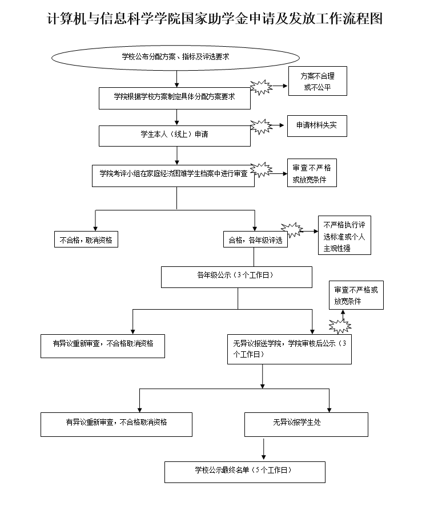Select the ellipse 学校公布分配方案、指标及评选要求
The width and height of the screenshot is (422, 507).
176,57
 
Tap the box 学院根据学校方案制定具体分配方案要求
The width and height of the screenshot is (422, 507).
175,98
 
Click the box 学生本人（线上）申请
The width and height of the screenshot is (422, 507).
175,136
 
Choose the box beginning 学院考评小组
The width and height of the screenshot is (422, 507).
174,175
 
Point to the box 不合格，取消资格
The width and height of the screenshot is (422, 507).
86,240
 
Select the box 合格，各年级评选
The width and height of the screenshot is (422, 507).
255,240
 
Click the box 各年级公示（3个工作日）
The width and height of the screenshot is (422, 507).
236,277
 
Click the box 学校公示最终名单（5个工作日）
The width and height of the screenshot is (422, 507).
244,471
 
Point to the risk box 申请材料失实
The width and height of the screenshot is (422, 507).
316,125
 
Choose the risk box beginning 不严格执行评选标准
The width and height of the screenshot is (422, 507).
344,236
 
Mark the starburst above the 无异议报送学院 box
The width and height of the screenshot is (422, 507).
341,326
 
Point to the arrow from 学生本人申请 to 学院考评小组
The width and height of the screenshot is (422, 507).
178,155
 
